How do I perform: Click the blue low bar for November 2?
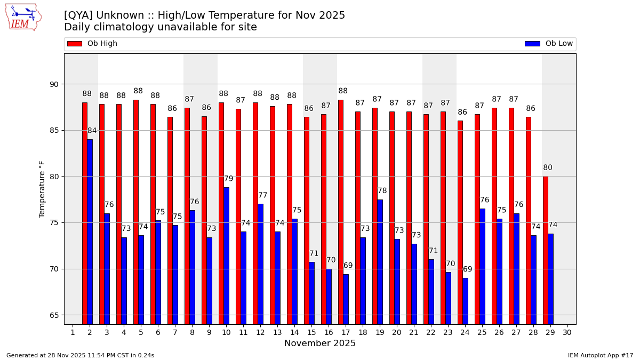tap(90, 231)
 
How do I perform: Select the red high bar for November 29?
tap(546, 250)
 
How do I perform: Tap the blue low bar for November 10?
tap(226, 255)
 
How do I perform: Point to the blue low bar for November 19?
tap(380, 261)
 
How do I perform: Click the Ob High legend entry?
tap(93, 44)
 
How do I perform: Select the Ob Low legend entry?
tap(549, 44)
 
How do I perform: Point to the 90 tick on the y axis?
tap(54, 84)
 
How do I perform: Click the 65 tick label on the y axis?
tap(54, 315)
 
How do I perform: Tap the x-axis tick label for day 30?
tap(567, 332)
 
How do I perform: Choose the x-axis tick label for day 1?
tap(73, 332)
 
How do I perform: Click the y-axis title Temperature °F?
tap(43, 189)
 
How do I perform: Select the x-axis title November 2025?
tap(320, 343)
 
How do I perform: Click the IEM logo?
tap(23, 17)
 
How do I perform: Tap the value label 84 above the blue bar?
tap(92, 131)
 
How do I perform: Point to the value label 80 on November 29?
tap(548, 167)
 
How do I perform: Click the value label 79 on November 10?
tap(228, 179)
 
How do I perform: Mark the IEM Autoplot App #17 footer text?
tap(600, 355)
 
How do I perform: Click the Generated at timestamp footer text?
tap(80, 355)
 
